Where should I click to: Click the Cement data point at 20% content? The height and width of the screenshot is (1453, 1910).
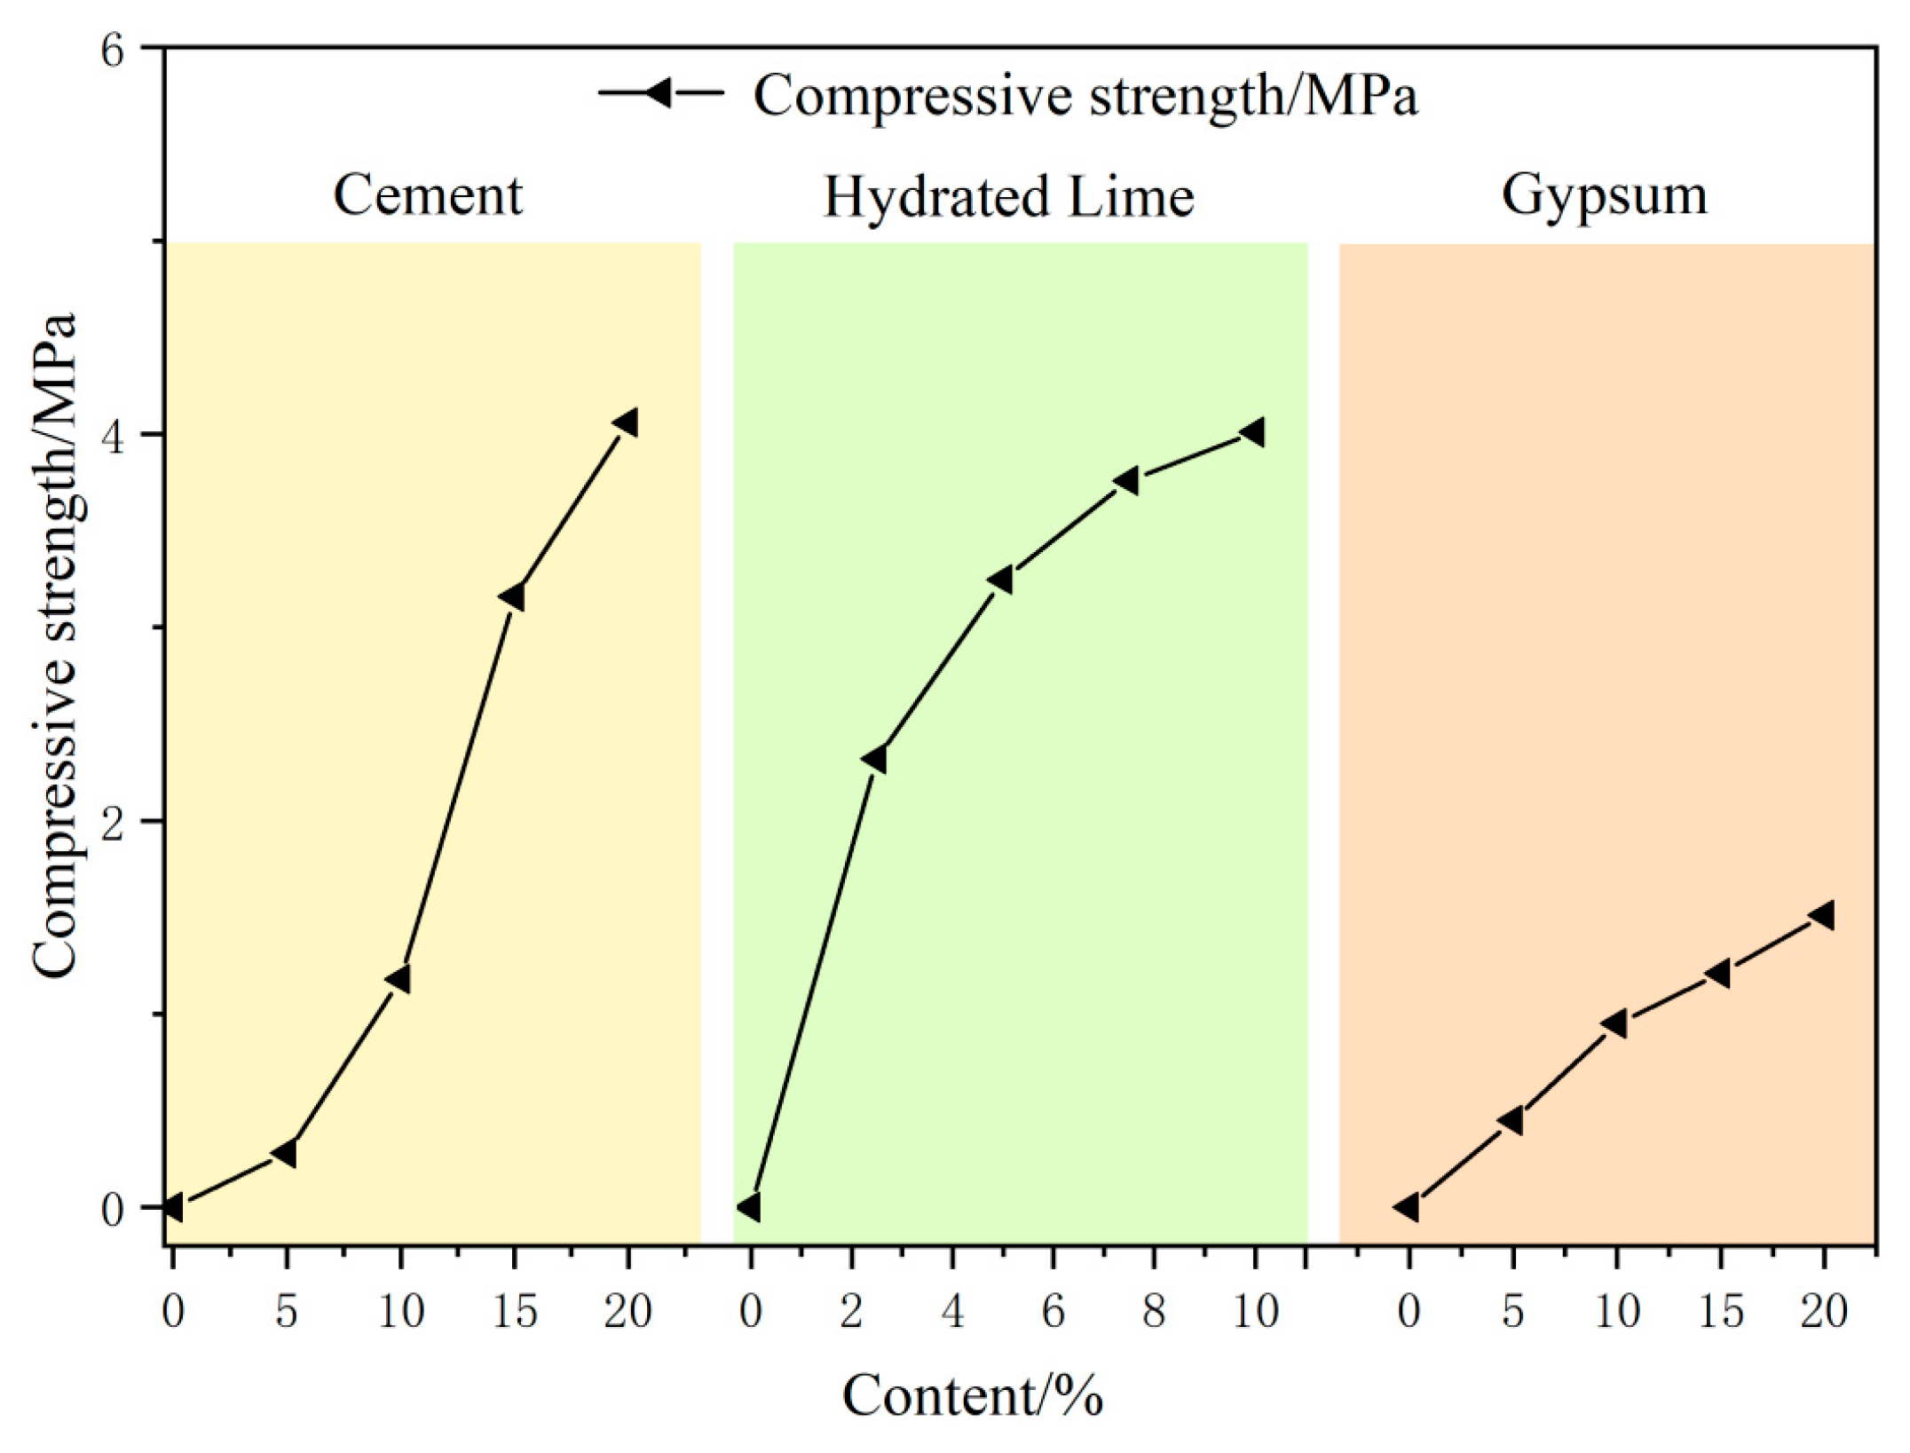pyautogui.click(x=627, y=422)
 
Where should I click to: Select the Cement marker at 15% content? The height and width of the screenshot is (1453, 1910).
pyautogui.click(x=512, y=597)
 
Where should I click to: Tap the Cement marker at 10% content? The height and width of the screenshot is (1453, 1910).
pyautogui.click(x=399, y=980)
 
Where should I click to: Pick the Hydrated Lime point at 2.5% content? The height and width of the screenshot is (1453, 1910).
pyautogui.click(x=874, y=760)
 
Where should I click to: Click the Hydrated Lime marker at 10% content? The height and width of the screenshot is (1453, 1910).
pyautogui.click(x=1253, y=432)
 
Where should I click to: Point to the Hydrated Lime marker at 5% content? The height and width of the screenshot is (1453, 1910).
pyautogui.click(x=1001, y=580)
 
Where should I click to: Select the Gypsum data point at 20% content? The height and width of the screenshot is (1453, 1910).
pyautogui.click(x=1822, y=915)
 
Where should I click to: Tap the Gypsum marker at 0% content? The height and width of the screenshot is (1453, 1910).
pyautogui.click(x=1407, y=1207)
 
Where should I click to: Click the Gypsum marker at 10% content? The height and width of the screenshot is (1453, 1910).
pyautogui.click(x=1614, y=1023)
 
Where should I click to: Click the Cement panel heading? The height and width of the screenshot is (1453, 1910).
pyautogui.click(x=428, y=195)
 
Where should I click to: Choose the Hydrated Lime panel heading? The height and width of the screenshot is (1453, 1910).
pyautogui.click(x=1008, y=197)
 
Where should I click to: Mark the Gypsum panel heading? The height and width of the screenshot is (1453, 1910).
pyautogui.click(x=1604, y=195)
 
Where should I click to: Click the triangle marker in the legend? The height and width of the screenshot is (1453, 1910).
pyautogui.click(x=659, y=92)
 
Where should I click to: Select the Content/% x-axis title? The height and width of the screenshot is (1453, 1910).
pyautogui.click(x=972, y=1396)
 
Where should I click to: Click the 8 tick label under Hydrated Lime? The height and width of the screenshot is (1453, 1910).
pyautogui.click(x=1153, y=1312)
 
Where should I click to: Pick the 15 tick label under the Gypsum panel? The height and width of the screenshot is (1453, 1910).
pyautogui.click(x=1720, y=1312)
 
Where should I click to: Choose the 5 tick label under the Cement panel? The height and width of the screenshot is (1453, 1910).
pyautogui.click(x=286, y=1312)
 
